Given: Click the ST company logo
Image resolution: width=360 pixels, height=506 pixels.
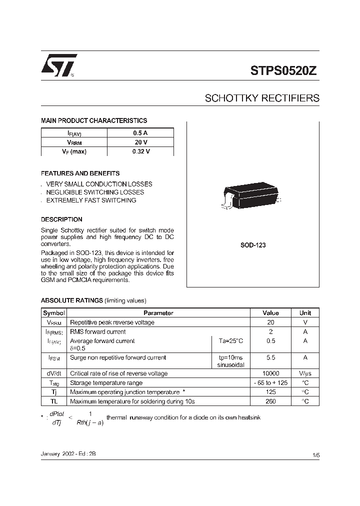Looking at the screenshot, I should coord(58,65).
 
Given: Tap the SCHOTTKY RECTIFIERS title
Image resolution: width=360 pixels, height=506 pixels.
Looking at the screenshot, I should coord(262,98).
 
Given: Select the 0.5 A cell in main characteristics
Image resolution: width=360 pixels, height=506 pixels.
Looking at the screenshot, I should coord(140,133).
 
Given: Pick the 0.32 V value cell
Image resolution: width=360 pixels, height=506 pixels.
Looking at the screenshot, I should coord(140,151).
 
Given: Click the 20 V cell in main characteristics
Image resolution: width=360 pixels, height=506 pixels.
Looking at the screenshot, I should coord(140,142).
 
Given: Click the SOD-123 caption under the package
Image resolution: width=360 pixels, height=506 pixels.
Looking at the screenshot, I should coord(252,246).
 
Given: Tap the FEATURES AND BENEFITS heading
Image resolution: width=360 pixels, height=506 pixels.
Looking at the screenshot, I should coord(80,173).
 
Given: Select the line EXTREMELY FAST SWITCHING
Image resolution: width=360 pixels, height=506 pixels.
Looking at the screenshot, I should coord(91,200).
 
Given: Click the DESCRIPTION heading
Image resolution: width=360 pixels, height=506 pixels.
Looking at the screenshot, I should coord(61,219).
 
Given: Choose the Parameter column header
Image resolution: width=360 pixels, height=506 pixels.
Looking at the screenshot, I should coord(158,313).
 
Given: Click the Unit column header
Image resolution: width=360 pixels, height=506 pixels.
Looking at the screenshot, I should coord(305,313).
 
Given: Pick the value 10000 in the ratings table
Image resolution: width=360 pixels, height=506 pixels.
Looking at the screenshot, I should coord(270,373).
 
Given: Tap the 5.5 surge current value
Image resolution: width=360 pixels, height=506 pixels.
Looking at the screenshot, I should coord(270,358).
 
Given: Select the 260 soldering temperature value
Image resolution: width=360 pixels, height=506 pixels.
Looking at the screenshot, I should coord(270,401).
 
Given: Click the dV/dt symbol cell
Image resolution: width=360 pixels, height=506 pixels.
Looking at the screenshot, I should coord(54,373).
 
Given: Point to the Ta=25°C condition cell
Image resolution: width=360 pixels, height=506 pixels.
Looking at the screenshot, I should coord(230,341).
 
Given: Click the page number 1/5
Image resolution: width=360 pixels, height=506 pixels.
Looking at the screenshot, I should coord(315,455).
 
